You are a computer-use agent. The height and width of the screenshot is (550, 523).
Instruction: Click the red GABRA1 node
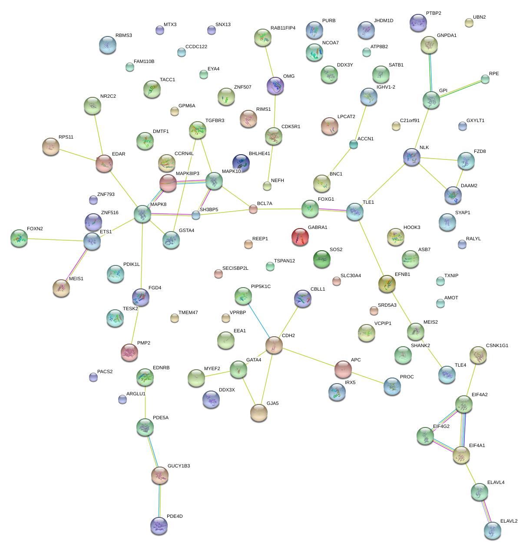pyautogui.click(x=300, y=237)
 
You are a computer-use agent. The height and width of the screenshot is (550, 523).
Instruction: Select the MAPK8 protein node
pyautogui.click(x=142, y=214)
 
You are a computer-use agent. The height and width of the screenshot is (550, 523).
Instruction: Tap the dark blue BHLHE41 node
pyautogui.click(x=241, y=163)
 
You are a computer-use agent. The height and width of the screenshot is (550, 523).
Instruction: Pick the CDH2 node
pyautogui.click(x=274, y=345)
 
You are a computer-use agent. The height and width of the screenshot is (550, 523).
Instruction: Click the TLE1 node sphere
pyautogui.click(x=355, y=212)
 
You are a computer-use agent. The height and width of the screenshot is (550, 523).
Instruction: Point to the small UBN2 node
pyautogui.click(x=469, y=23)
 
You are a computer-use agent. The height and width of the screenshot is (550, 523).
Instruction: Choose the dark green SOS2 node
pyautogui.click(x=322, y=258)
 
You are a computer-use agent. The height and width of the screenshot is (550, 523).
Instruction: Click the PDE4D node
pyautogui.click(x=159, y=526)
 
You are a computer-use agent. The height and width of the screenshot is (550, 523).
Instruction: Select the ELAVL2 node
pyautogui.click(x=492, y=530)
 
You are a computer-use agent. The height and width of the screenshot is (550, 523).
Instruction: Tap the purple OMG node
pyautogui.click(x=275, y=86)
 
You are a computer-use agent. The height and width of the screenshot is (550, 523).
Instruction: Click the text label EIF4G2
pyautogui.click(x=441, y=427)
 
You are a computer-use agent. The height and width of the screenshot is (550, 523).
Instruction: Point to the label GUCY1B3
pyautogui.click(x=179, y=466)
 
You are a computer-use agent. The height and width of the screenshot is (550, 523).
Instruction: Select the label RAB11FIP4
pyautogui.click(x=283, y=28)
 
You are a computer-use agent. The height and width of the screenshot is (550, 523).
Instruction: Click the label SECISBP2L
pyautogui.click(x=235, y=268)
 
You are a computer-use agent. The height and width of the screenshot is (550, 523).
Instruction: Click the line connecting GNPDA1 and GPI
pyautogui.click(x=430, y=72)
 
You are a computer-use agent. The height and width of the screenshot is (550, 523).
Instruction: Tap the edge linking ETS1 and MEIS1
pyautogui.click(x=76, y=264)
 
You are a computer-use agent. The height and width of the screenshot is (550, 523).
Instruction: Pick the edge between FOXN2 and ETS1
pyautogui.click(x=55, y=239)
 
